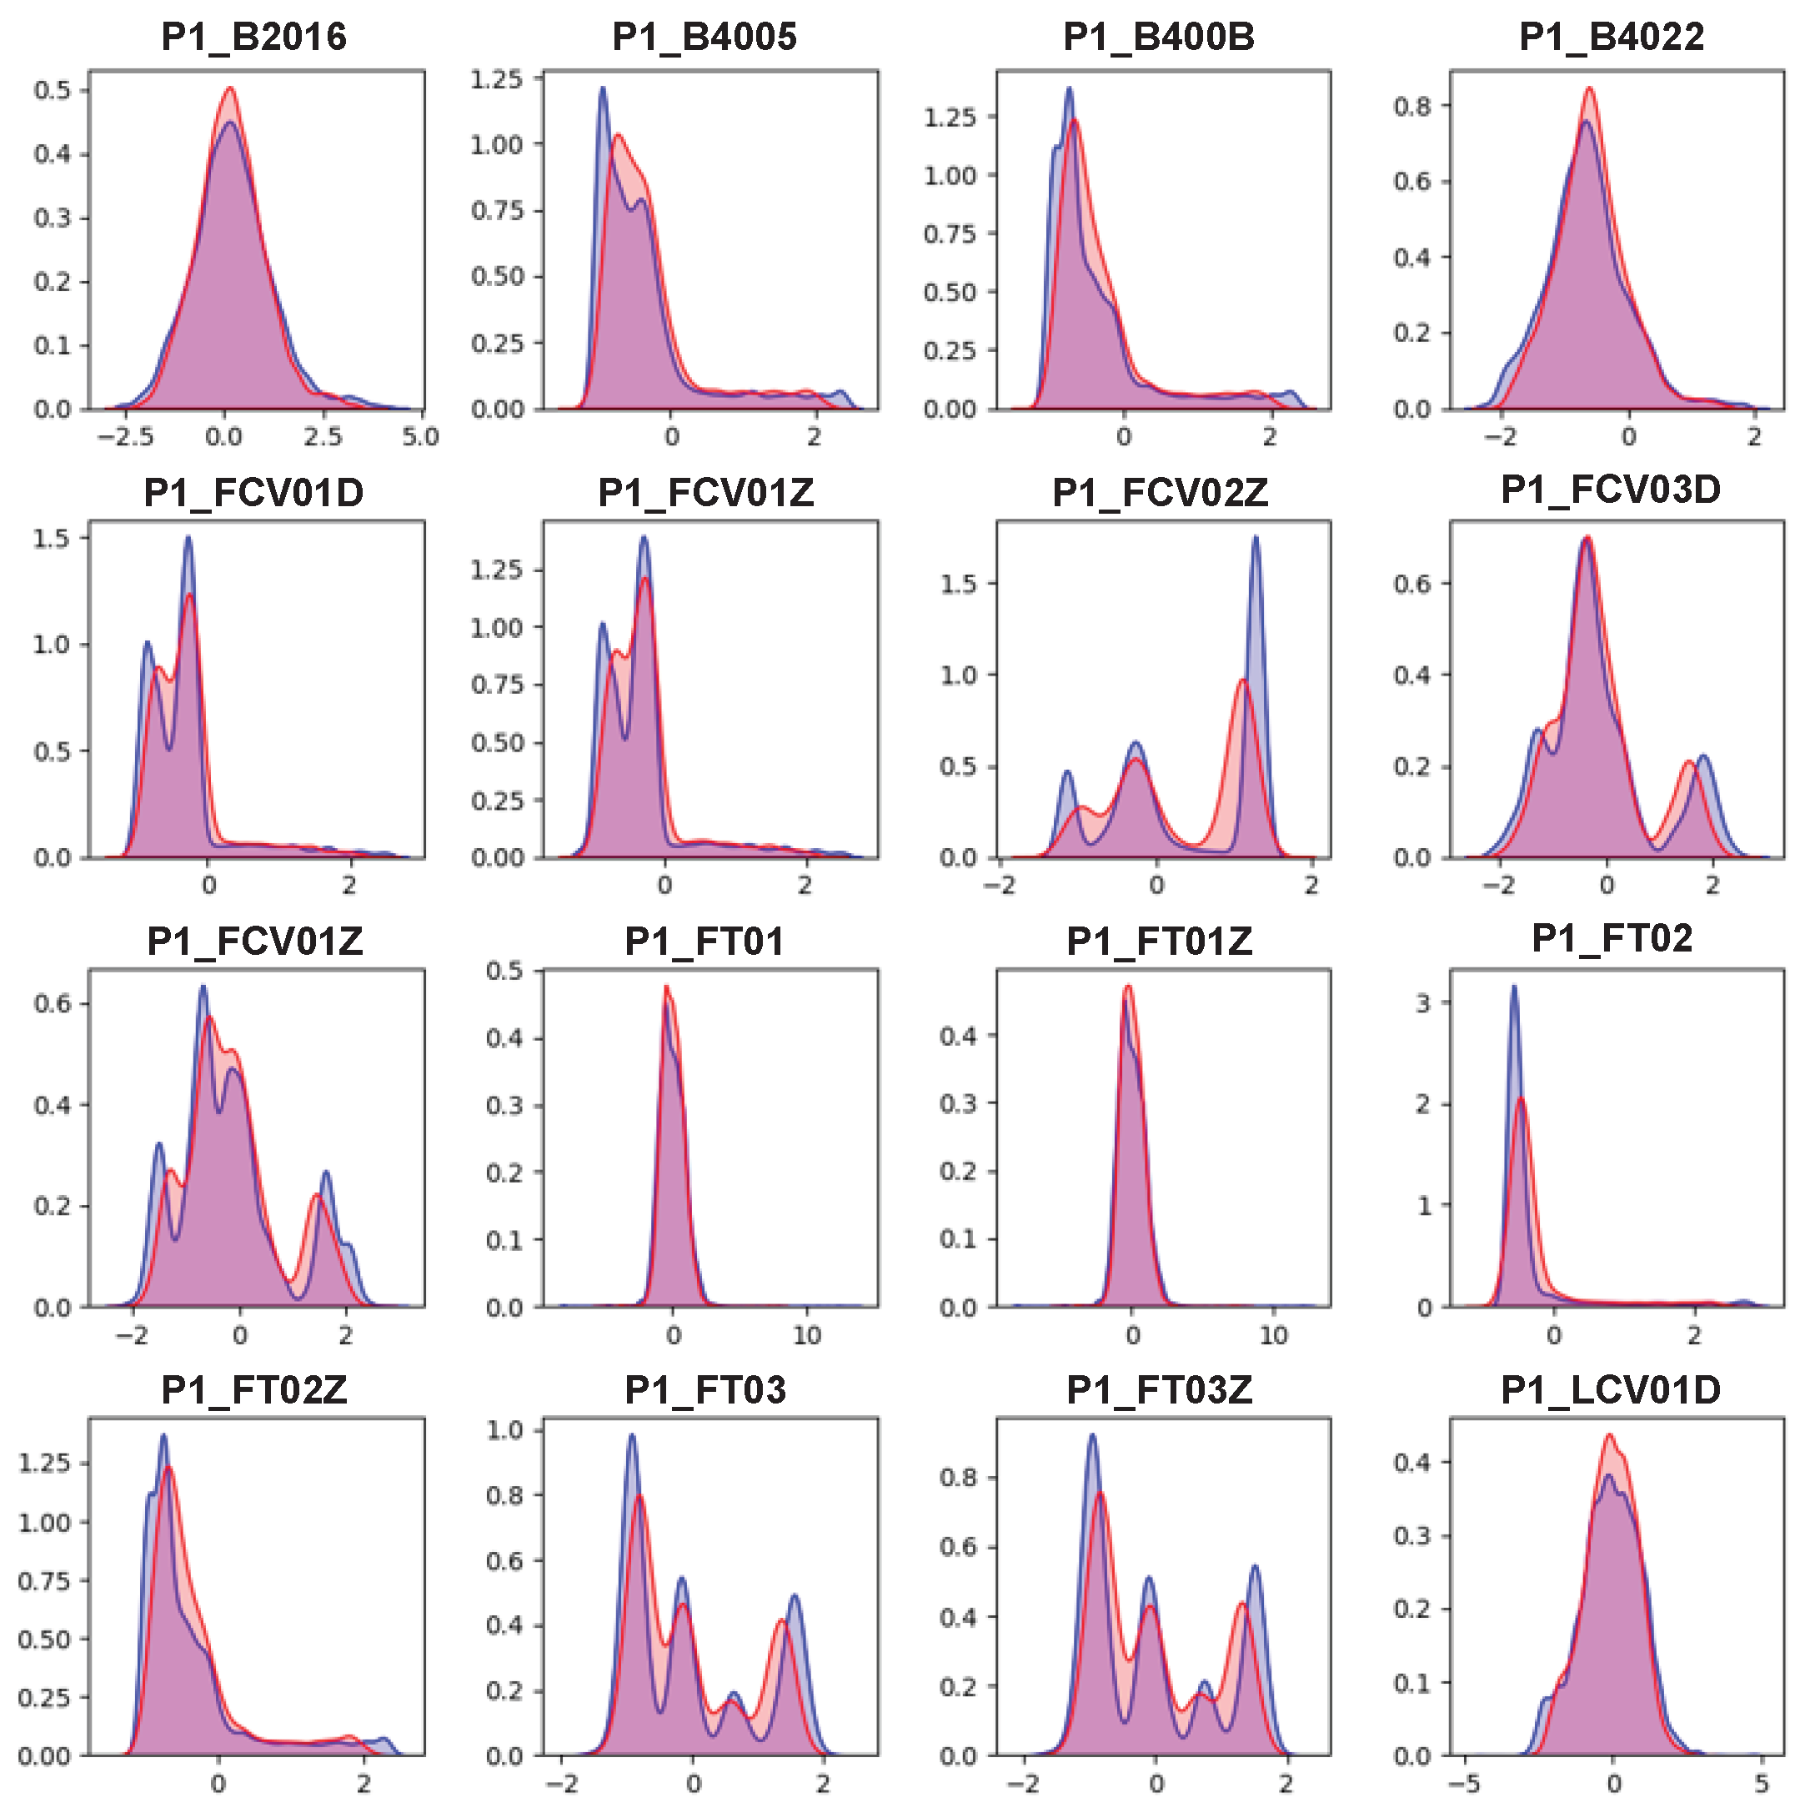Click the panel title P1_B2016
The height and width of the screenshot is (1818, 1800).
pyautogui.click(x=254, y=38)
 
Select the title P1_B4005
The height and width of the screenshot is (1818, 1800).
pyautogui.click(x=704, y=38)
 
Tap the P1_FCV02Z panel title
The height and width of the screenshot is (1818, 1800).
pyautogui.click(x=1159, y=492)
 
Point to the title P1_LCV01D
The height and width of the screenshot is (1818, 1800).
pyautogui.click(x=1610, y=1389)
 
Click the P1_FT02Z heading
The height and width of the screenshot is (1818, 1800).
pyautogui.click(x=254, y=1389)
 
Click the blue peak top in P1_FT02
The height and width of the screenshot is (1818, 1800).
pyautogui.click(x=1513, y=987)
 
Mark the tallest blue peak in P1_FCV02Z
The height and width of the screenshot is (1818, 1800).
pyautogui.click(x=1256, y=537)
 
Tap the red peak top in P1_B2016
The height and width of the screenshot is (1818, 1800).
pyautogui.click(x=231, y=88)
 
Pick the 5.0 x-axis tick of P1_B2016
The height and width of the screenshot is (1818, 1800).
pyautogui.click(x=419, y=438)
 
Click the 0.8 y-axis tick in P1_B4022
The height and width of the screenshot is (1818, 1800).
pyautogui.click(x=1412, y=107)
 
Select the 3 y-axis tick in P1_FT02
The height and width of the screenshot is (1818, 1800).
pyautogui.click(x=1422, y=1003)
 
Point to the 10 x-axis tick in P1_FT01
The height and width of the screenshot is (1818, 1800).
pyautogui.click(x=806, y=1335)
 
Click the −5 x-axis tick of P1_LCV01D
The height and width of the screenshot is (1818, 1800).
pyautogui.click(x=1463, y=1783)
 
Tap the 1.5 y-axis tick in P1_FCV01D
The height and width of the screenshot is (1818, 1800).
pyautogui.click(x=52, y=538)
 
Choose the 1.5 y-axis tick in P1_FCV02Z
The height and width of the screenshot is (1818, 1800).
pyautogui.click(x=959, y=584)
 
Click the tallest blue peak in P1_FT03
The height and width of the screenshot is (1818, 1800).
pyautogui.click(x=631, y=1435)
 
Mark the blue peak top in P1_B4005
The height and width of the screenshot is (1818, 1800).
pyautogui.click(x=602, y=88)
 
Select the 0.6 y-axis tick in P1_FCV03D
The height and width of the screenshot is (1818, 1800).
pyautogui.click(x=1412, y=584)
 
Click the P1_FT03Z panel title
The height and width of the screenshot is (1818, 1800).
pyautogui.click(x=1159, y=1389)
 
